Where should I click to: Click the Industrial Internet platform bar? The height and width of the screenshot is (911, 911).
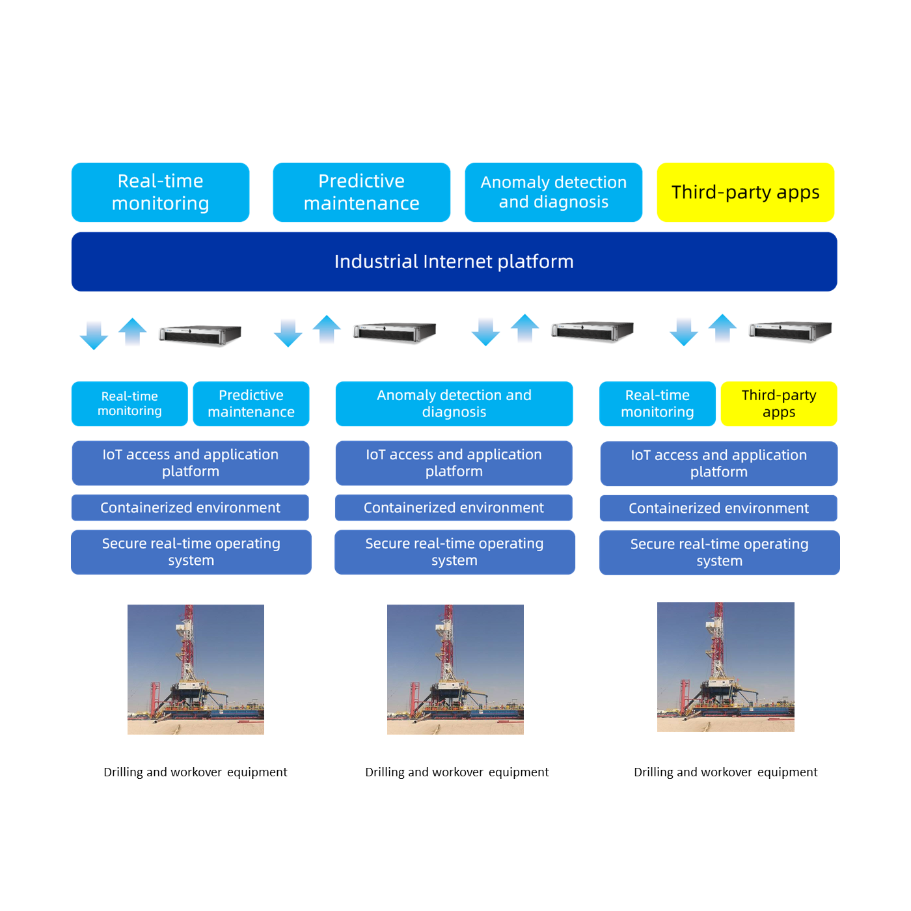454,262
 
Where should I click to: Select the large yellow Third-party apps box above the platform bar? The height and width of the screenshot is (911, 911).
746,193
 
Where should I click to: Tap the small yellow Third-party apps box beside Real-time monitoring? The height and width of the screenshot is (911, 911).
779,403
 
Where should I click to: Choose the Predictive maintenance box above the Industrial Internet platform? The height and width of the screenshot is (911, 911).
362,193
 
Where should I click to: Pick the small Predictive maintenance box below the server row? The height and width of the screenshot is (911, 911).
251,403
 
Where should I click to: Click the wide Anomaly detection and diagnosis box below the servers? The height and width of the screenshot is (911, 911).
454,403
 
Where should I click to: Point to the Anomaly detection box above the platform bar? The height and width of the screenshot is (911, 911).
554,193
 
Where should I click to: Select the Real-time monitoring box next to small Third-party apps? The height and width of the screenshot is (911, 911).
658,403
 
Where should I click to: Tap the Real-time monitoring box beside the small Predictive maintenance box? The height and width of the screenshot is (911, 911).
129,403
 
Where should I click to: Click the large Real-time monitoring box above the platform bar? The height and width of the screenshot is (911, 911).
160,193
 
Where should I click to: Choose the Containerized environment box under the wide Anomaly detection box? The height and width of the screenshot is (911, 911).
454,508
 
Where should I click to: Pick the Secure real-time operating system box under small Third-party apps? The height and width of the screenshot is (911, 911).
720,552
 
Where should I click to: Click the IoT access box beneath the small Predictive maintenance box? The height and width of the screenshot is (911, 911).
191,463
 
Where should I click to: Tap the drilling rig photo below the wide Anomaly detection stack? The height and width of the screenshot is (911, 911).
455,670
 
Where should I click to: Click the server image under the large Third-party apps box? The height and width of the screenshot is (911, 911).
791,331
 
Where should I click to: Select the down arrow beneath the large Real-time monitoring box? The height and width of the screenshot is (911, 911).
94,335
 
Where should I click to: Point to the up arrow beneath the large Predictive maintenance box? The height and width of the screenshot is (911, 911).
327,329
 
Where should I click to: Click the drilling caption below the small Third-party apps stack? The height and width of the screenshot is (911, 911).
726,772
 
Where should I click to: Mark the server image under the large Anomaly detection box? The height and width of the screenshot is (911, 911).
592,331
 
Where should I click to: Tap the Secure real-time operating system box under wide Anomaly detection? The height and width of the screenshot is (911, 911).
455,552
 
